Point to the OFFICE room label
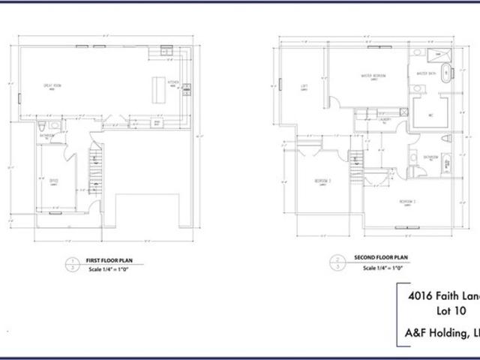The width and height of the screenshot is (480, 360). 54,181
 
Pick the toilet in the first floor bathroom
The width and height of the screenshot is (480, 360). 43,124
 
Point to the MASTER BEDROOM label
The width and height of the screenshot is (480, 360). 373,76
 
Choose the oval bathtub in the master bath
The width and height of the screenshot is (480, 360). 446,75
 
